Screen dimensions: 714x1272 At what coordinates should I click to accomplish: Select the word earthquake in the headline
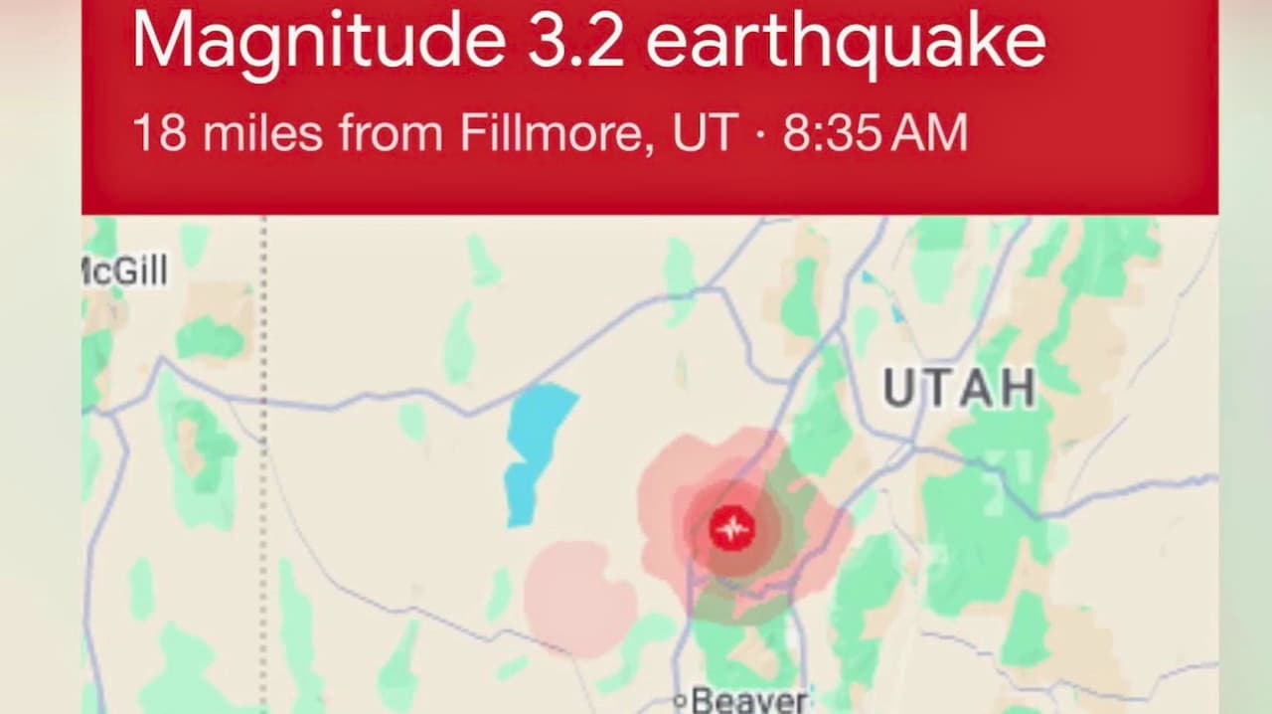[x=846, y=42]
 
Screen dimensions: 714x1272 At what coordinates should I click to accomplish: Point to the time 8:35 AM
[x=874, y=133]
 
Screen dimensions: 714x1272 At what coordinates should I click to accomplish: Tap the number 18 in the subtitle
[x=159, y=133]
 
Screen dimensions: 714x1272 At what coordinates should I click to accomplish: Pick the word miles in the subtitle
[x=262, y=133]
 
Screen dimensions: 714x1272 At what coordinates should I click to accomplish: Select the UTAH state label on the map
[x=959, y=388]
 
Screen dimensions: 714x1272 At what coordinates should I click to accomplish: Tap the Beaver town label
[x=749, y=701]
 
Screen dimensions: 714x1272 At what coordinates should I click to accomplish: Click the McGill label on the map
[x=125, y=270]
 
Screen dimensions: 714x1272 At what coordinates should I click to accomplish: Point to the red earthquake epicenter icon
[x=732, y=529]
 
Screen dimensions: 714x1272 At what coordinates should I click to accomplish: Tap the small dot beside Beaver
[x=680, y=702]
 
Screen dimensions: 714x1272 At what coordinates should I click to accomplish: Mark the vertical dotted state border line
[x=263, y=447]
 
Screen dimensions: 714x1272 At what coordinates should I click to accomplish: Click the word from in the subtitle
[x=391, y=133]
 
